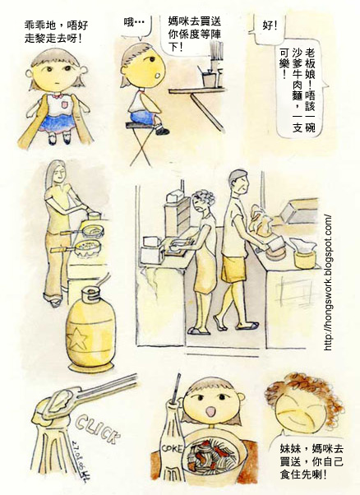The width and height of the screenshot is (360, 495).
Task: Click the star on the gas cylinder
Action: [x=77, y=338]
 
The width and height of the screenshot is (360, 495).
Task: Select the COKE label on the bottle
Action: [x=172, y=448]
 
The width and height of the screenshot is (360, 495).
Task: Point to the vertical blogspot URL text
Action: [x=328, y=283]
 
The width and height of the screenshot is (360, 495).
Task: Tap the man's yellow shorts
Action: [x=233, y=268]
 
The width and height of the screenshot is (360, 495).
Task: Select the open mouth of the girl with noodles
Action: [x=210, y=411]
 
